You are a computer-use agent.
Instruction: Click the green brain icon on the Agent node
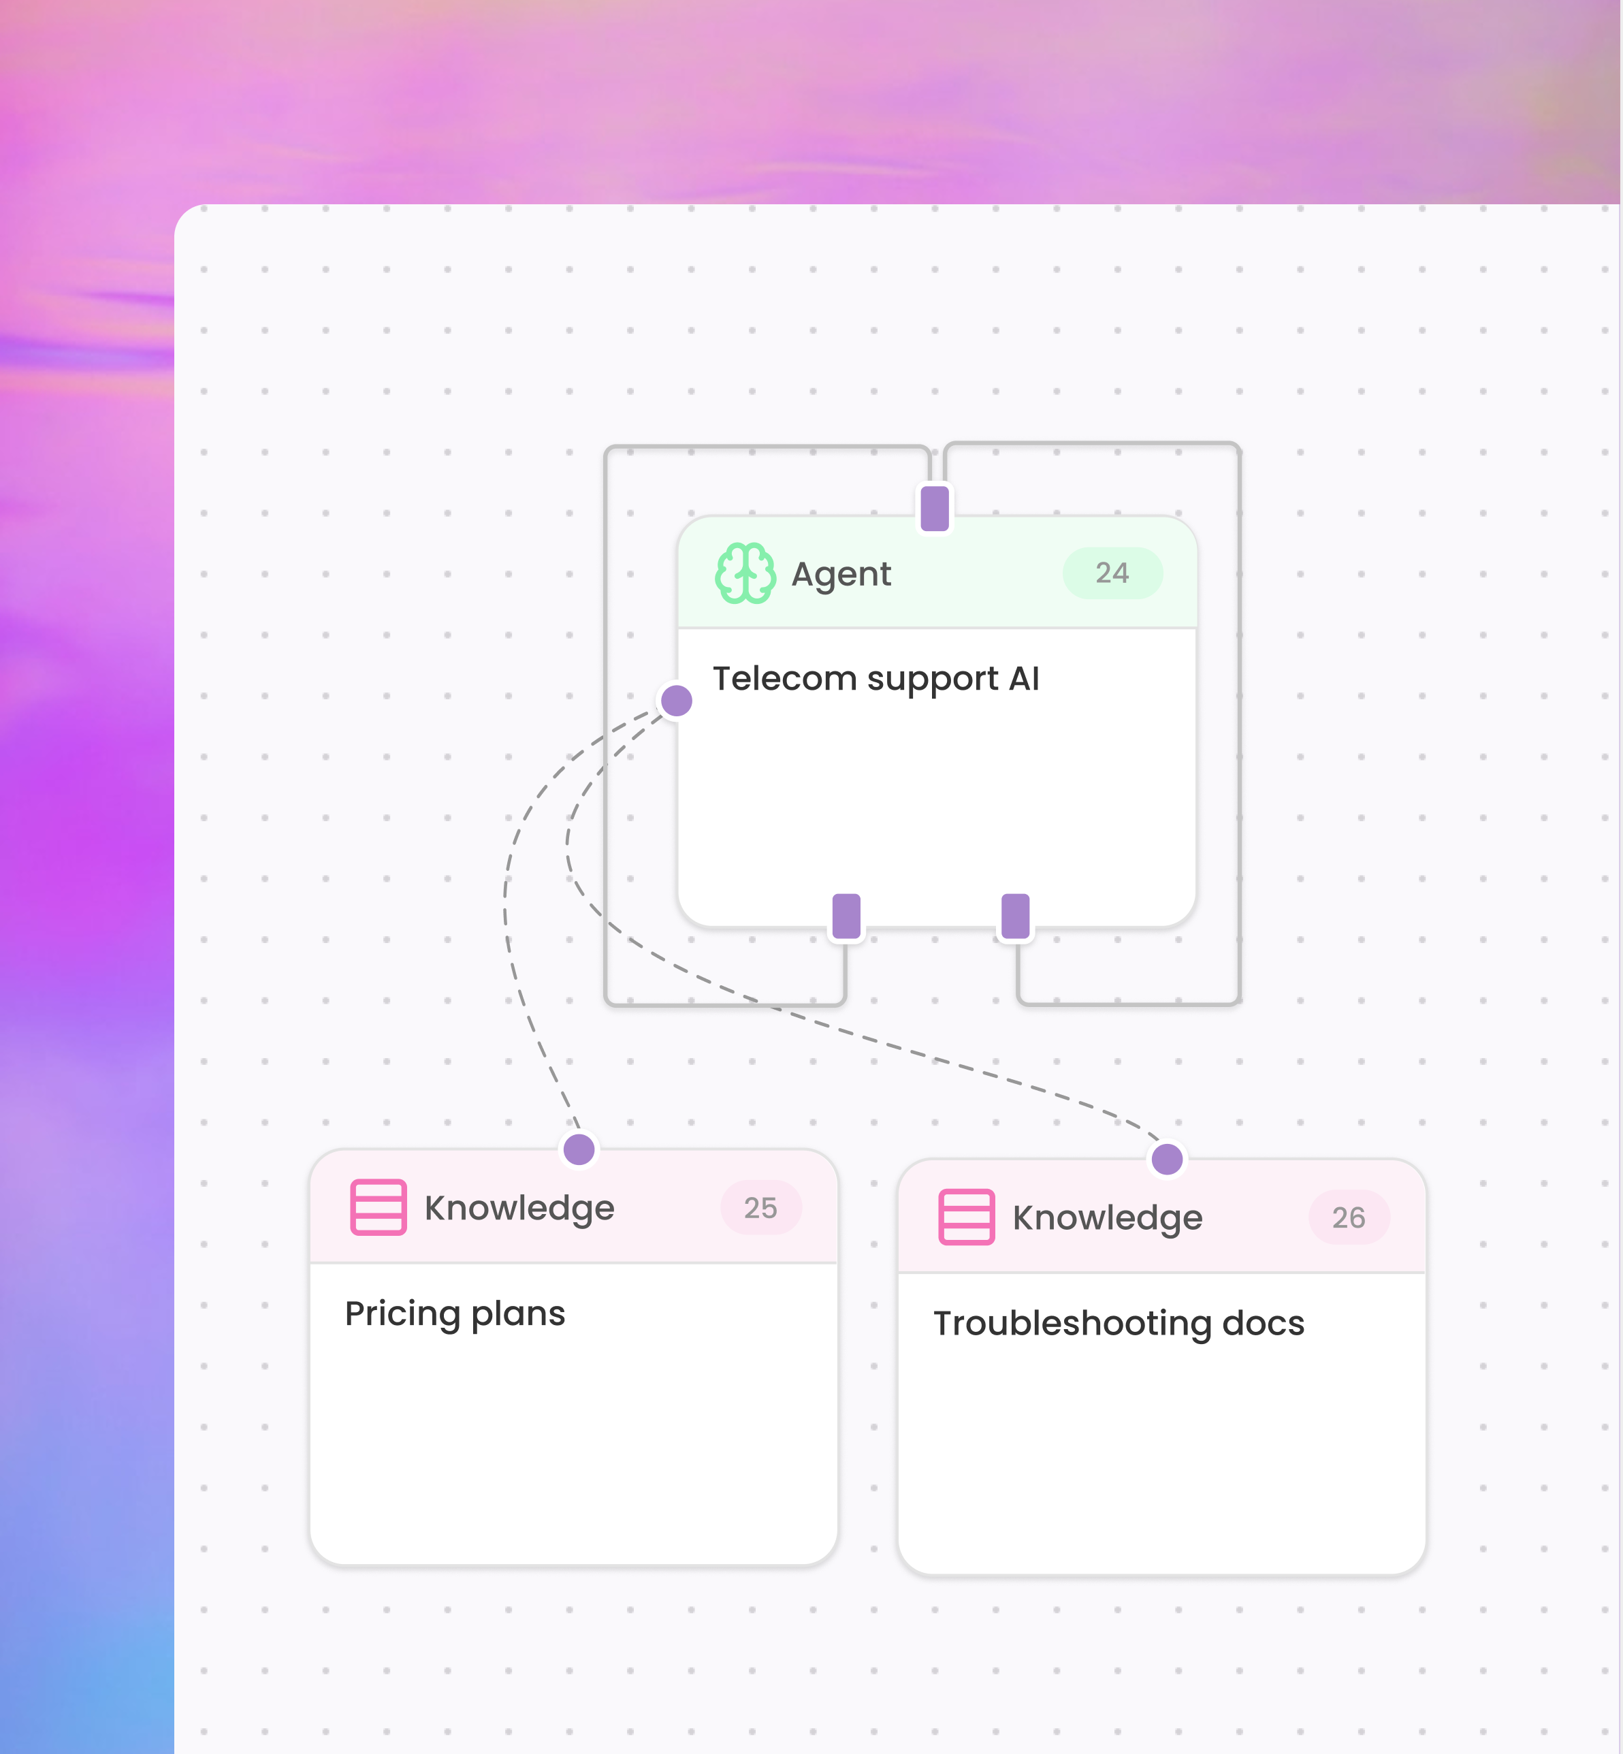pyautogui.click(x=745, y=573)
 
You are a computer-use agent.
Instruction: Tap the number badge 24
pyautogui.click(x=1112, y=573)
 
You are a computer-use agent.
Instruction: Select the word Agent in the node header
pyautogui.click(x=841, y=575)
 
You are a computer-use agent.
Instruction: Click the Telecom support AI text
pyautogui.click(x=875, y=679)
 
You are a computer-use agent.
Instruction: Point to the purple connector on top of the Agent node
pyautogui.click(x=935, y=508)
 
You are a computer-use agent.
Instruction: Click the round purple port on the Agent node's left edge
pyautogui.click(x=676, y=701)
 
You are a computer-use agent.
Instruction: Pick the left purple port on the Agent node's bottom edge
pyautogui.click(x=846, y=916)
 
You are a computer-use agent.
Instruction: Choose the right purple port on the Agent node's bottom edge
pyautogui.click(x=1015, y=916)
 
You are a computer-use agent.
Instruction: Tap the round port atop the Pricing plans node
pyautogui.click(x=579, y=1149)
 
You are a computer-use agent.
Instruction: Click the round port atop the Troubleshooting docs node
pyautogui.click(x=1166, y=1158)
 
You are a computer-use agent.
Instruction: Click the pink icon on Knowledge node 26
pyautogui.click(x=966, y=1217)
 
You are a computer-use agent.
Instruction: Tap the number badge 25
pyautogui.click(x=760, y=1208)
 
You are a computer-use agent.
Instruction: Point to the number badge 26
pyautogui.click(x=1348, y=1217)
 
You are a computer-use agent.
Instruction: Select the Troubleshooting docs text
pyautogui.click(x=1118, y=1324)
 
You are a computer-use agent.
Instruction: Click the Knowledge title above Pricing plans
pyautogui.click(x=519, y=1209)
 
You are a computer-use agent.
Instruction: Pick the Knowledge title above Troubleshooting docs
pyautogui.click(x=1106, y=1218)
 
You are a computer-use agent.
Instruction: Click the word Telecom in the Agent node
pyautogui.click(x=784, y=679)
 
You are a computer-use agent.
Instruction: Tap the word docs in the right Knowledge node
pyautogui.click(x=1263, y=1324)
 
